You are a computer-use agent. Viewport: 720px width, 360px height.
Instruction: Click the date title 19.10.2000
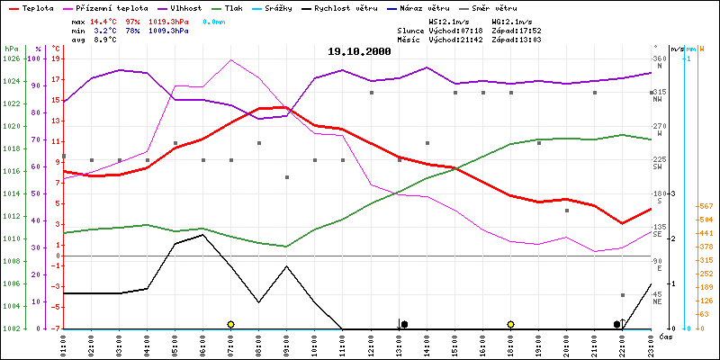(x=360, y=52)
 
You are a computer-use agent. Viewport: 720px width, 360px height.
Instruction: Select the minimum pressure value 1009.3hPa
(x=166, y=30)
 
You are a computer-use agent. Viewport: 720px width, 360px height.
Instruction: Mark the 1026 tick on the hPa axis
(x=11, y=58)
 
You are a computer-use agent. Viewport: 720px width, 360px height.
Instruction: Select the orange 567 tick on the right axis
(x=706, y=204)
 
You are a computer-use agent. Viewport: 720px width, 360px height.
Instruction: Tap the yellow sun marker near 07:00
(x=231, y=324)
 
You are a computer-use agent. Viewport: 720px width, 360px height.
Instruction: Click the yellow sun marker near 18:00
(x=510, y=324)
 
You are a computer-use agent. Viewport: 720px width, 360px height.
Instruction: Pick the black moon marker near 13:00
(x=405, y=324)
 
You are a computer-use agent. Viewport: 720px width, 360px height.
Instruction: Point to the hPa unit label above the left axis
(x=11, y=48)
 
